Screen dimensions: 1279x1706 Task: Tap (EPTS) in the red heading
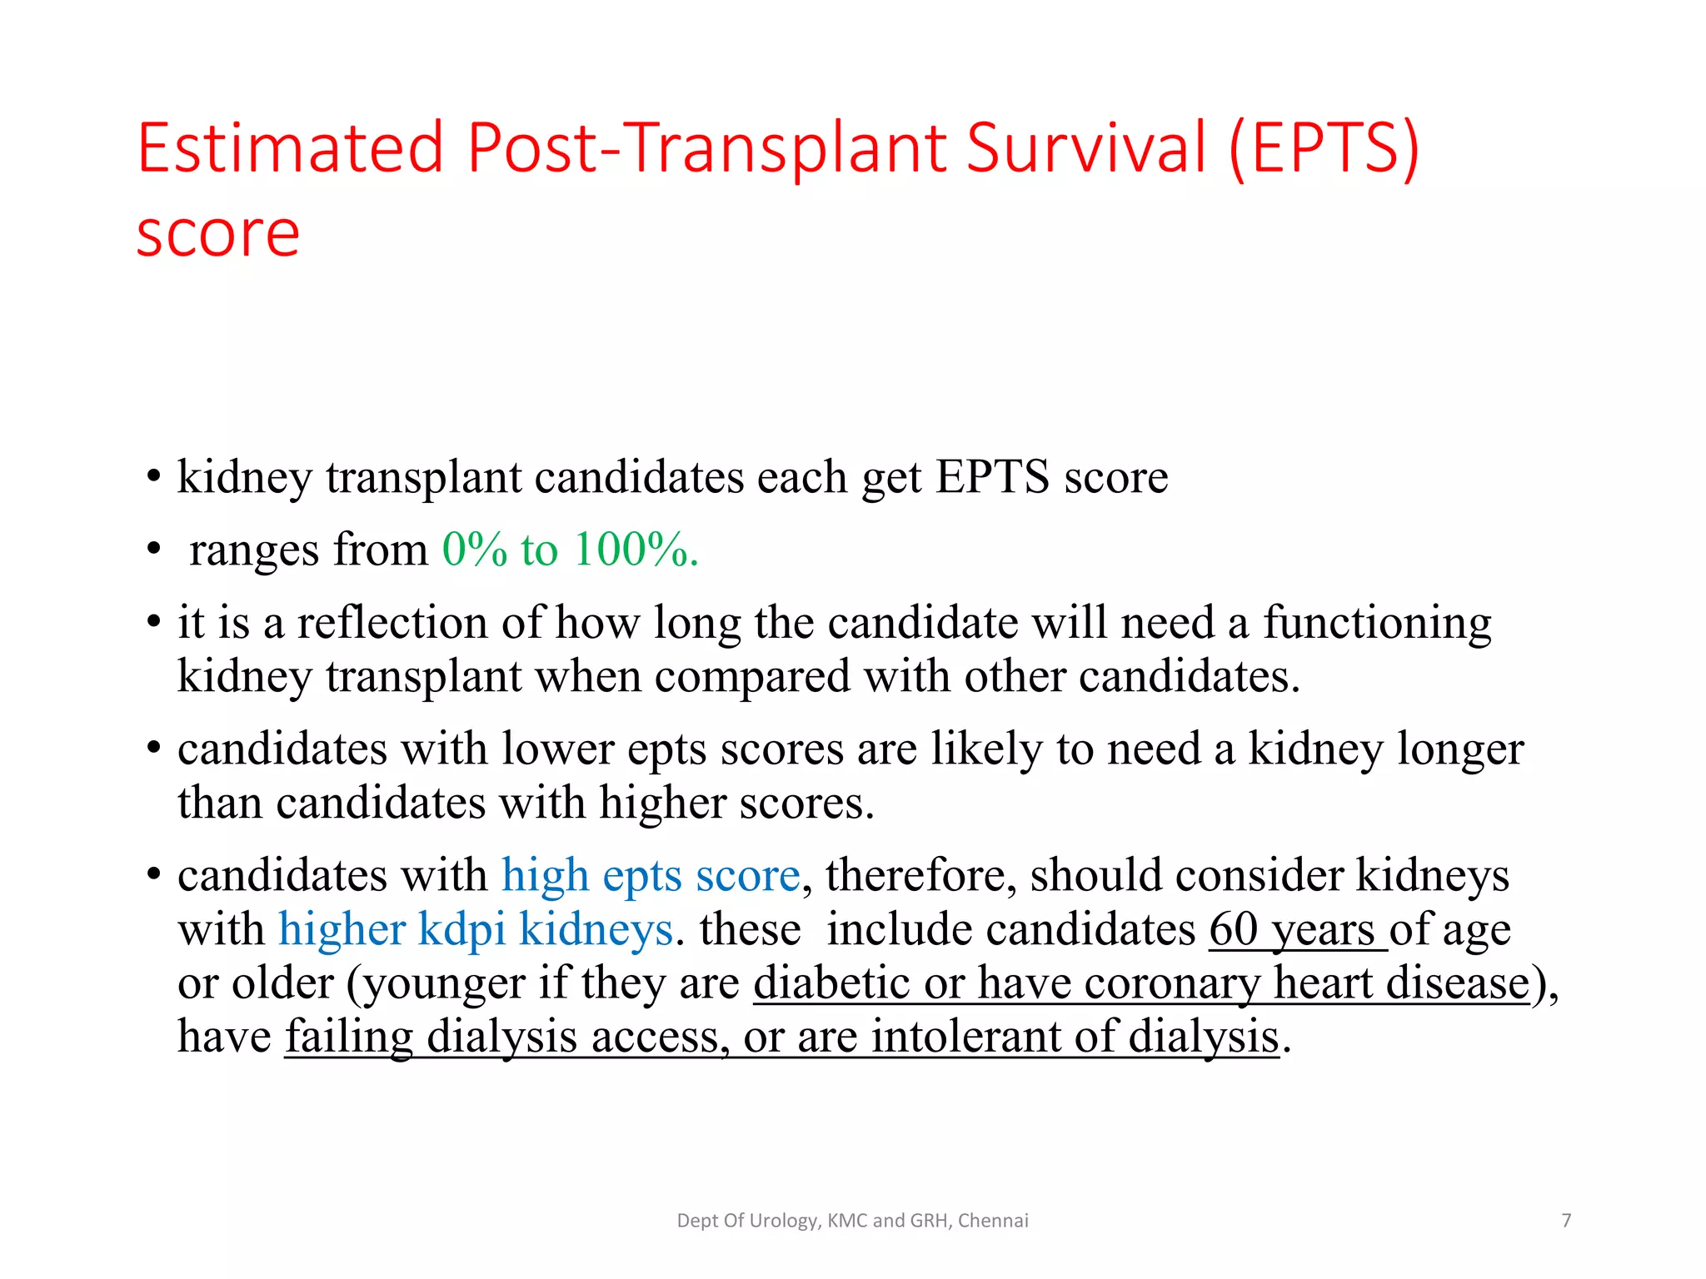pyautogui.click(x=1324, y=148)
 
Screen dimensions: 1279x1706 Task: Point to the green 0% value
pyautogui.click(x=474, y=550)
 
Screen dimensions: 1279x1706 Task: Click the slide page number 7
pyautogui.click(x=1566, y=1221)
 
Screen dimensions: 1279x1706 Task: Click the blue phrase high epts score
pyautogui.click(x=650, y=876)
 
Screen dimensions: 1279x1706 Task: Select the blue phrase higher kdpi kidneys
pyautogui.click(x=475, y=929)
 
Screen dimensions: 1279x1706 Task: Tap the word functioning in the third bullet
pyautogui.click(x=1376, y=623)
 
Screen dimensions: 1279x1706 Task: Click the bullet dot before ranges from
pyautogui.click(x=153, y=550)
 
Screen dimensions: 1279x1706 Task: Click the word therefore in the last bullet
pyautogui.click(x=920, y=876)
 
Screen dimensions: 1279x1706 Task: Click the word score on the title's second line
pyautogui.click(x=218, y=235)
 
